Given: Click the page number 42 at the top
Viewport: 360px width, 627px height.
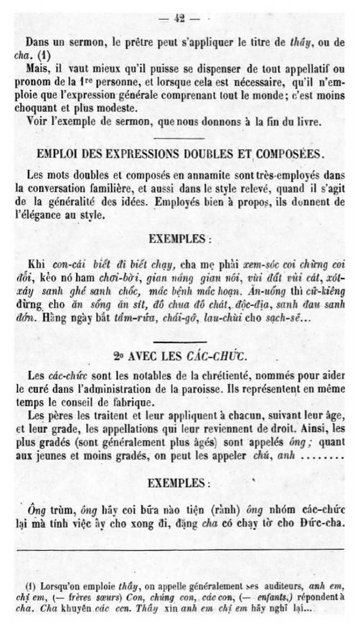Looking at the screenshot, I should pos(179,18).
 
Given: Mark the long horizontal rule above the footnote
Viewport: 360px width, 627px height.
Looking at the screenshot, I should pos(180,549).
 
